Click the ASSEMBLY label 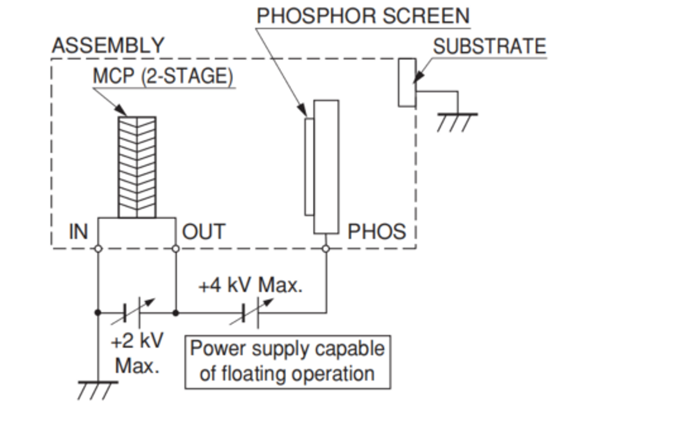pos(108,46)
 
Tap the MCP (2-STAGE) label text pos(163,77)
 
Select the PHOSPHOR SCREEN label pos(363,16)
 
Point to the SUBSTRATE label pos(489,47)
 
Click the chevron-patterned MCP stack pos(137,167)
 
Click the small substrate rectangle pos(407,83)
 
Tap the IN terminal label pos(78,231)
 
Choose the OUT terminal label pos(204,231)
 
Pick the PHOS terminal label pos(376,231)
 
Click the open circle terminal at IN pos(98,248)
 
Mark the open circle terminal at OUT pos(175,248)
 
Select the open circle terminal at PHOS pos(326,248)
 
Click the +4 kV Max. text pos(250,285)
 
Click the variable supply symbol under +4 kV pos(251,313)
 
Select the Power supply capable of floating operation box pos(288,362)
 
